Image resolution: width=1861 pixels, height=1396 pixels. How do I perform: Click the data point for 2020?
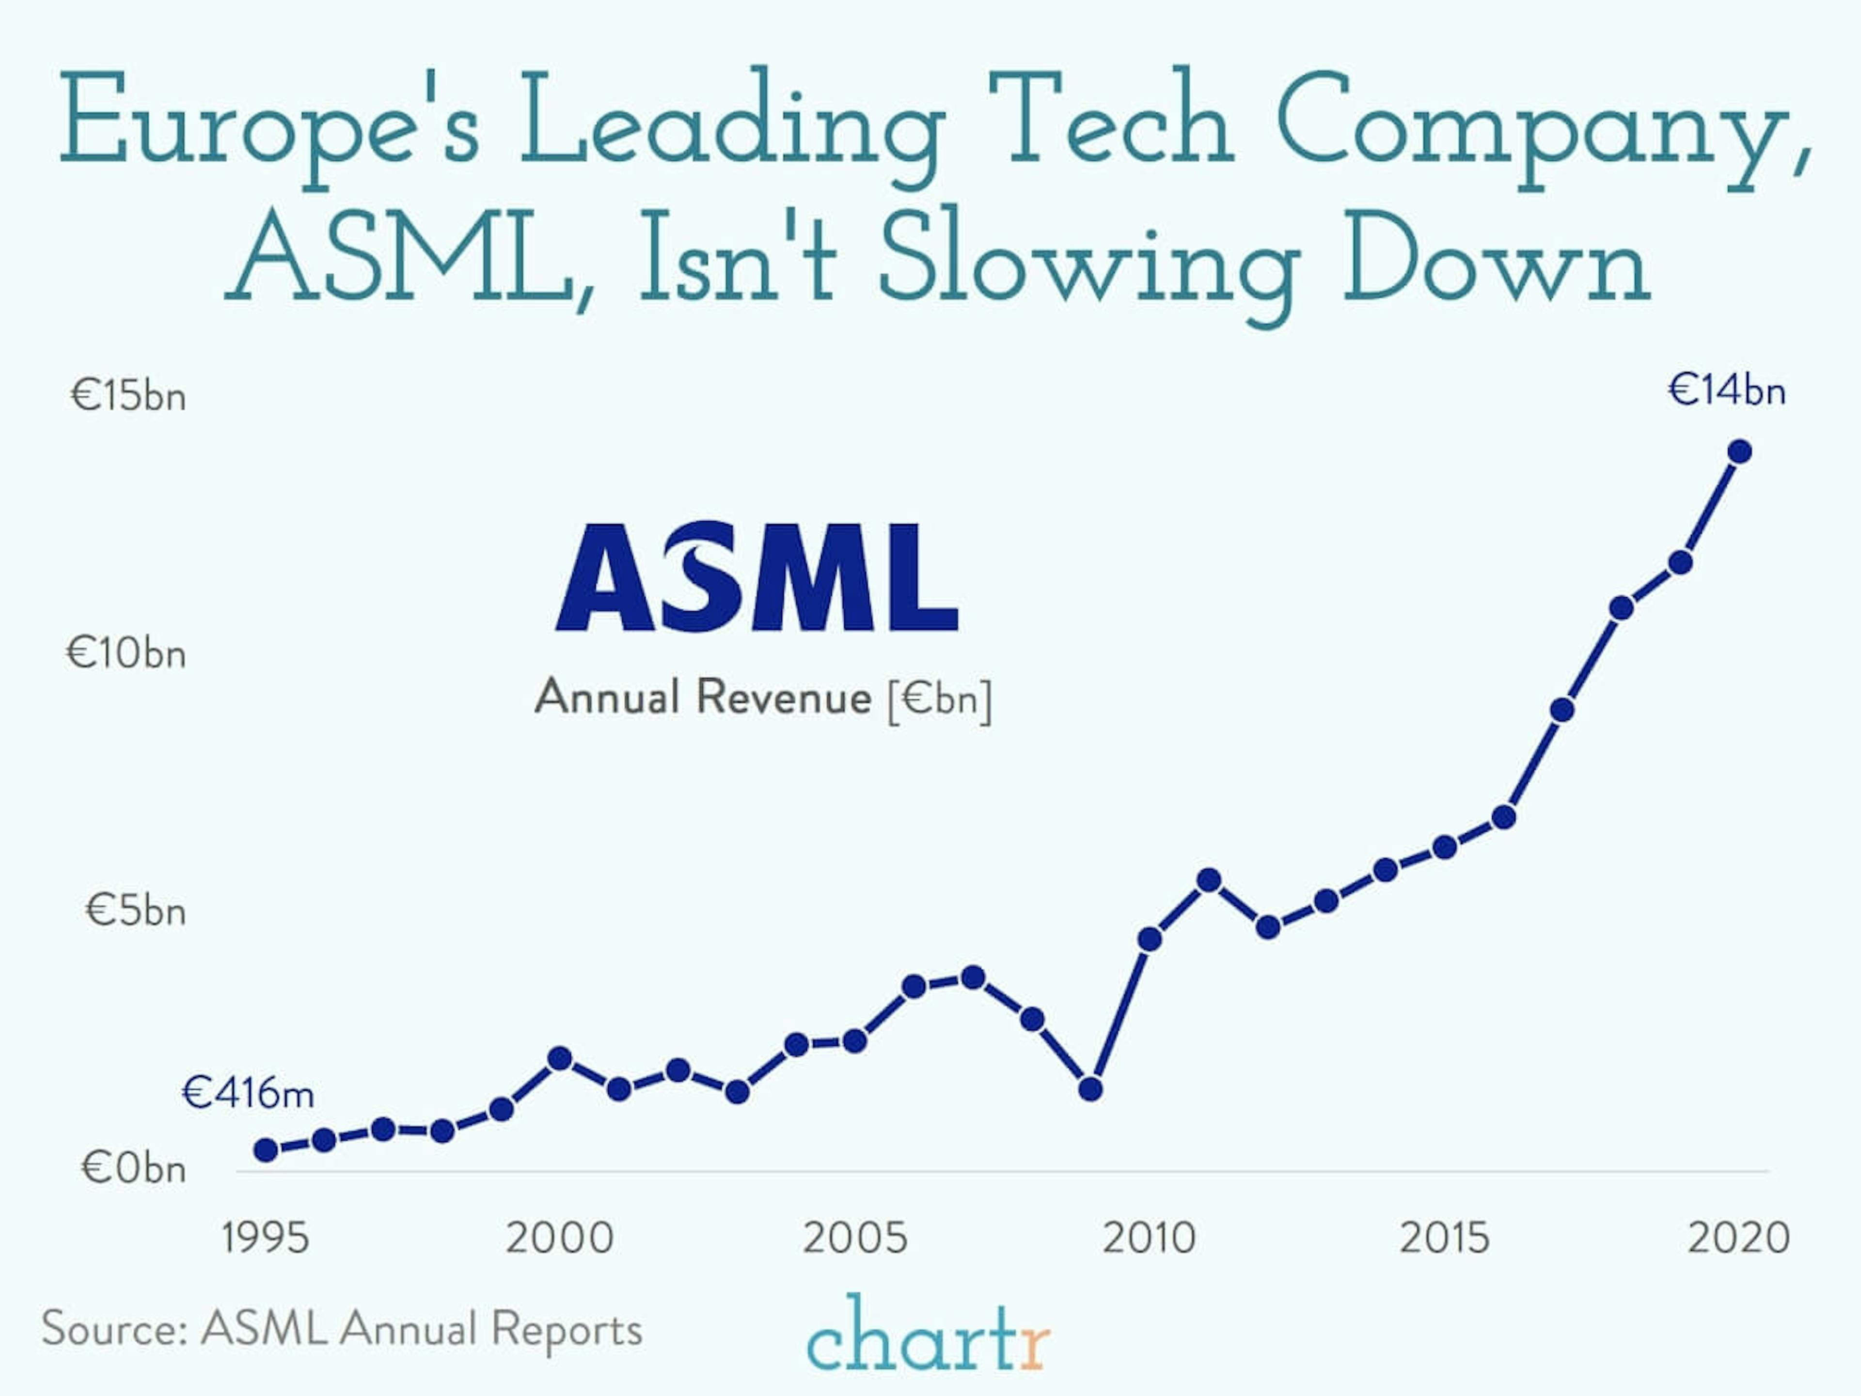[1739, 451]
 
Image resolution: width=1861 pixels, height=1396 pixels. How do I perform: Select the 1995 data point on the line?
[266, 1149]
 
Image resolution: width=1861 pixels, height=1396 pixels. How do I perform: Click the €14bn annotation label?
[1726, 391]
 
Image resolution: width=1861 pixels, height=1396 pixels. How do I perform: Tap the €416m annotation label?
[247, 1093]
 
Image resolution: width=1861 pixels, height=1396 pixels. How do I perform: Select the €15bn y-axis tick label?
[128, 395]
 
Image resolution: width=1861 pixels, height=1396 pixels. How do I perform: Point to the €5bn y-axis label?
[135, 910]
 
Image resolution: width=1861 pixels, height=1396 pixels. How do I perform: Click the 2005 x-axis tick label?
[855, 1238]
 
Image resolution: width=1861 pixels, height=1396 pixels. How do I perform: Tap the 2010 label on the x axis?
[1149, 1238]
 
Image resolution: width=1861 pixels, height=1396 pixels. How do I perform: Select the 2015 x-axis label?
[1444, 1238]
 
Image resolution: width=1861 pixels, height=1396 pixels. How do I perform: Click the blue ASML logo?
[757, 577]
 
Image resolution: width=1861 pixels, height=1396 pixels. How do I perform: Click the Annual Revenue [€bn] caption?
[763, 697]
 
